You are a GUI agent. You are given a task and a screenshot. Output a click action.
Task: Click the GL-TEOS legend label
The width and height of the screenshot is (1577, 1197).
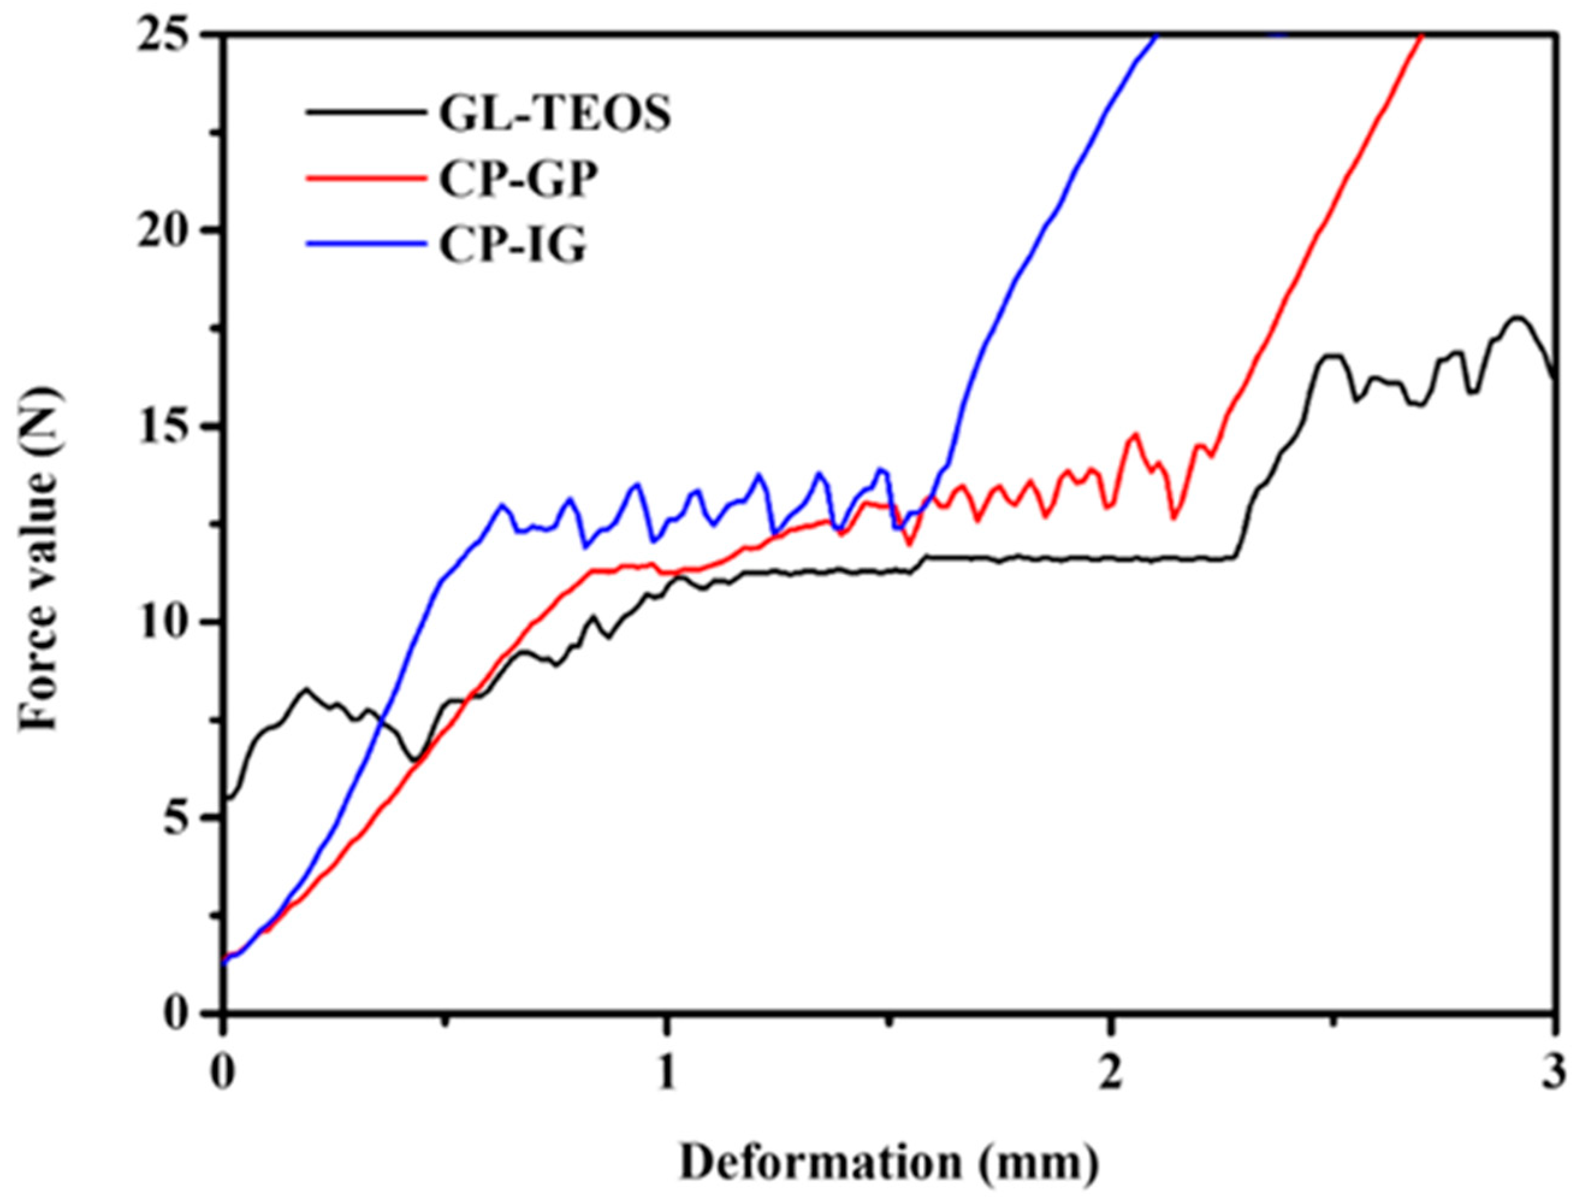[x=555, y=115]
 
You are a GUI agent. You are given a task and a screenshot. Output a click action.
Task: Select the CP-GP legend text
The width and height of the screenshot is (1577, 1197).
[x=518, y=181]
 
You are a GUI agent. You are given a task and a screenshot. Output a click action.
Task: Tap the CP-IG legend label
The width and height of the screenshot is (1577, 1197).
[x=512, y=247]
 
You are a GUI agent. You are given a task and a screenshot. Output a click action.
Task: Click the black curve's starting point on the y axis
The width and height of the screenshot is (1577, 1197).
[x=226, y=797]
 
